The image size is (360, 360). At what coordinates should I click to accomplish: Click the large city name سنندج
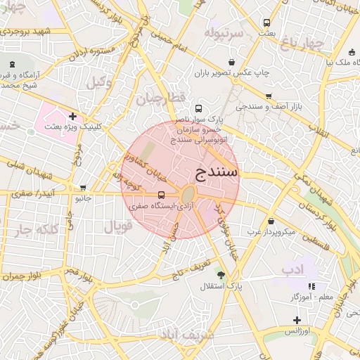tap(215, 172)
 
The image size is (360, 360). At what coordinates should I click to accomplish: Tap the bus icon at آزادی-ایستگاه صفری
tap(162, 195)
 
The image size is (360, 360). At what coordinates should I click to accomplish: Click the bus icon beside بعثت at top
tap(266, 22)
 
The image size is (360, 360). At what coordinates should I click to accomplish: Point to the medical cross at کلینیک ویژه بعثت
tap(72, 115)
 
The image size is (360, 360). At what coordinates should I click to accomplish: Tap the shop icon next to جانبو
tap(84, 188)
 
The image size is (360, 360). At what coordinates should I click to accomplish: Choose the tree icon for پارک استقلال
tap(222, 275)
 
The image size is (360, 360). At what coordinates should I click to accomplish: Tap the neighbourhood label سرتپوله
tap(224, 33)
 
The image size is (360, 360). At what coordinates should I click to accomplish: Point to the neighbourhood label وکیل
tap(99, 82)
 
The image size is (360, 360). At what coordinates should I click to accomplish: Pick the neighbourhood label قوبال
tap(118, 226)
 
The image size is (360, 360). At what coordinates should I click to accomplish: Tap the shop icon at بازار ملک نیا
tap(351, 51)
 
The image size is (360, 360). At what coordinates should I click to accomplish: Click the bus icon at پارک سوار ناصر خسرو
tap(199, 109)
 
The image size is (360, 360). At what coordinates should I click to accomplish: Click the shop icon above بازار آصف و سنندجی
tap(269, 96)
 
